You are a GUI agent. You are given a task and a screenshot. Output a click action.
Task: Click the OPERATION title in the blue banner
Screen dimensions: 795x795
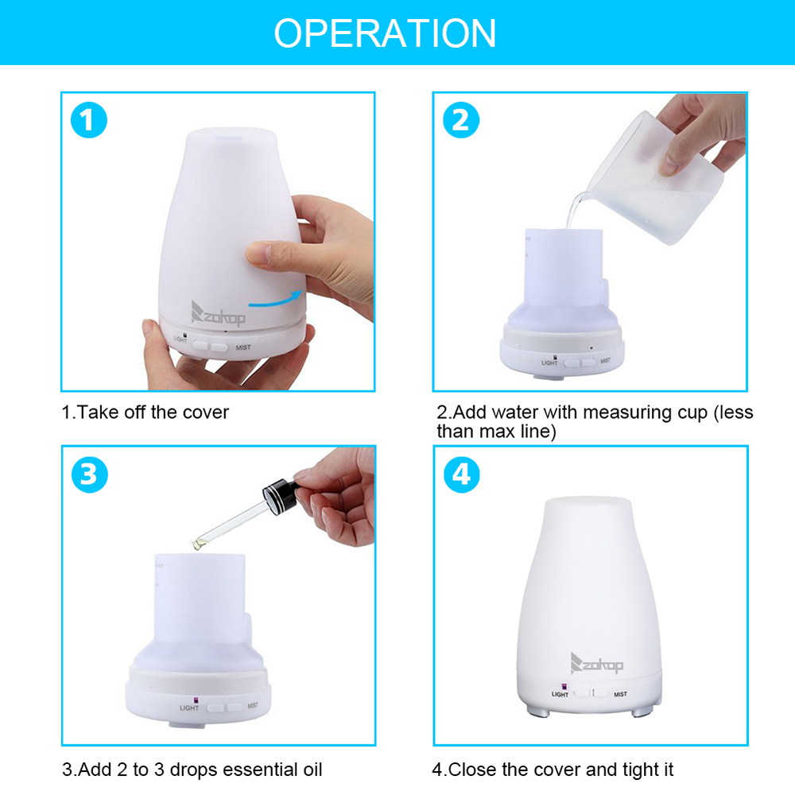(385, 33)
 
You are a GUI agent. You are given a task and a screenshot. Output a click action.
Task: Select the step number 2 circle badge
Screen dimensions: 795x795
(460, 122)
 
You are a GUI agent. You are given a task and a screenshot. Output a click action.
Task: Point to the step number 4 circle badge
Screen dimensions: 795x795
(460, 475)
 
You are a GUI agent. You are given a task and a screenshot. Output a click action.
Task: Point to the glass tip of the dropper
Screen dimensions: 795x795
(195, 542)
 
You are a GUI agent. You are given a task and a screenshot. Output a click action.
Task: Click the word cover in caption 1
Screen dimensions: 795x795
(205, 413)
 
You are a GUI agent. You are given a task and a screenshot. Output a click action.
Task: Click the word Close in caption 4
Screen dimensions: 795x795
(475, 770)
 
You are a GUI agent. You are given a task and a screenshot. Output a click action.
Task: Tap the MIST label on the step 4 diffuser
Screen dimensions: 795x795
(620, 694)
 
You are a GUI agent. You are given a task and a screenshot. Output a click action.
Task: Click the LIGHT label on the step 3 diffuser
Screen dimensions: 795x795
(189, 707)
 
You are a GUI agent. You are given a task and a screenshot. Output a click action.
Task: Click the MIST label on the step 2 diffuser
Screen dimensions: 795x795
(605, 360)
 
